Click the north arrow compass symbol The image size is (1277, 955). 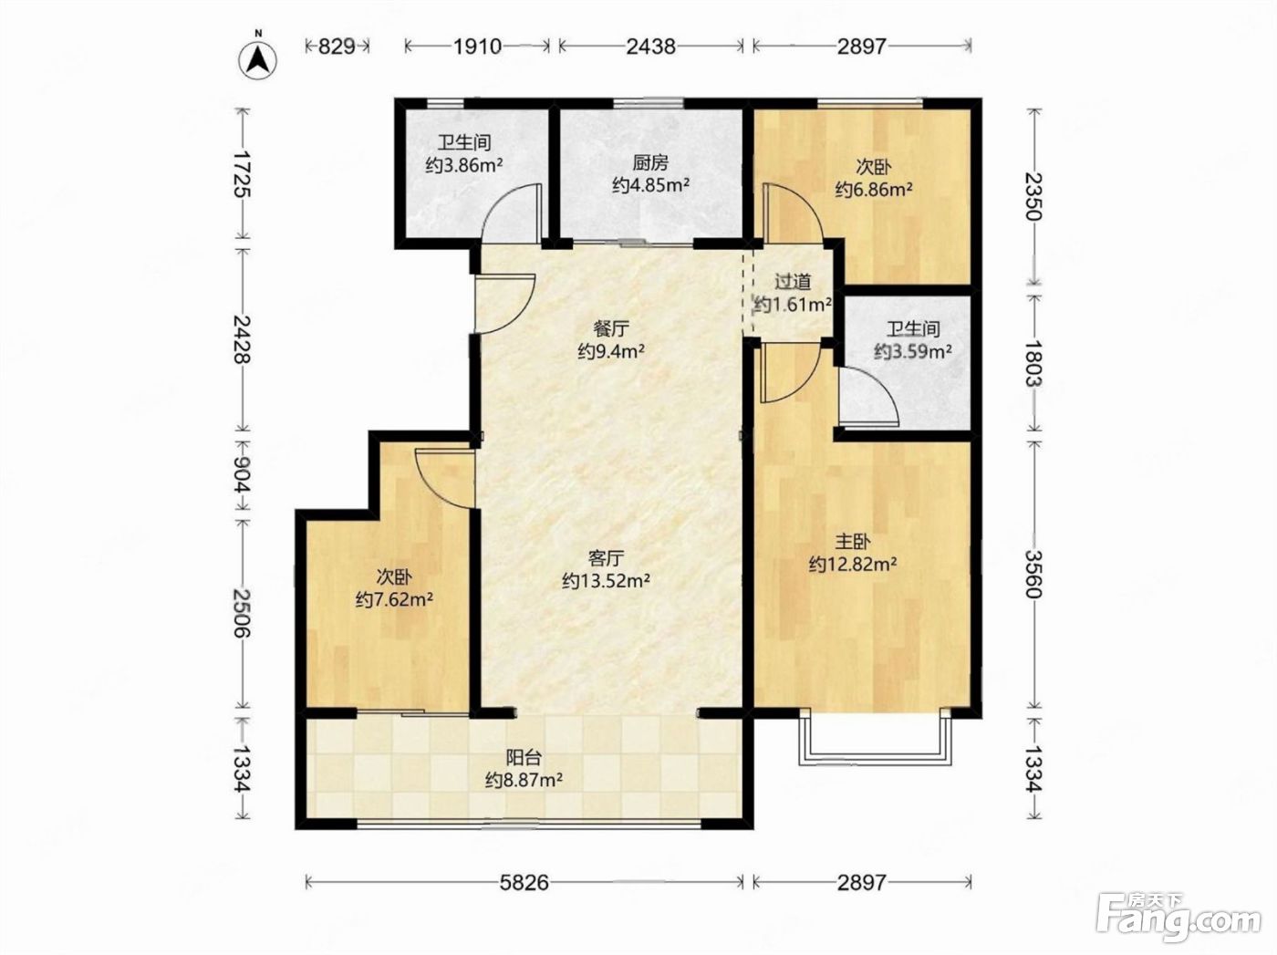(258, 58)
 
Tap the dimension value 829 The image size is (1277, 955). (337, 46)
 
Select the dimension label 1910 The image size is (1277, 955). (477, 46)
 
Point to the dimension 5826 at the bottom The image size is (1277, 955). (524, 883)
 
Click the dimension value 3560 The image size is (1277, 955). (1033, 574)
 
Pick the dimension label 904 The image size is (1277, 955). (242, 473)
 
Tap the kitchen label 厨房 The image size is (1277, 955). (649, 162)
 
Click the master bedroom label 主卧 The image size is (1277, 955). (853, 542)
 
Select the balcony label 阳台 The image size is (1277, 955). (524, 757)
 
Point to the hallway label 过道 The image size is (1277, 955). (793, 282)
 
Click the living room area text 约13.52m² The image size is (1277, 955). (606, 580)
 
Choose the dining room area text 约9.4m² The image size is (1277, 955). (611, 351)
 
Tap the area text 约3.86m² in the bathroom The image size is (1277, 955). (463, 165)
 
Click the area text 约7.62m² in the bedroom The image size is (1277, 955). (394, 599)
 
